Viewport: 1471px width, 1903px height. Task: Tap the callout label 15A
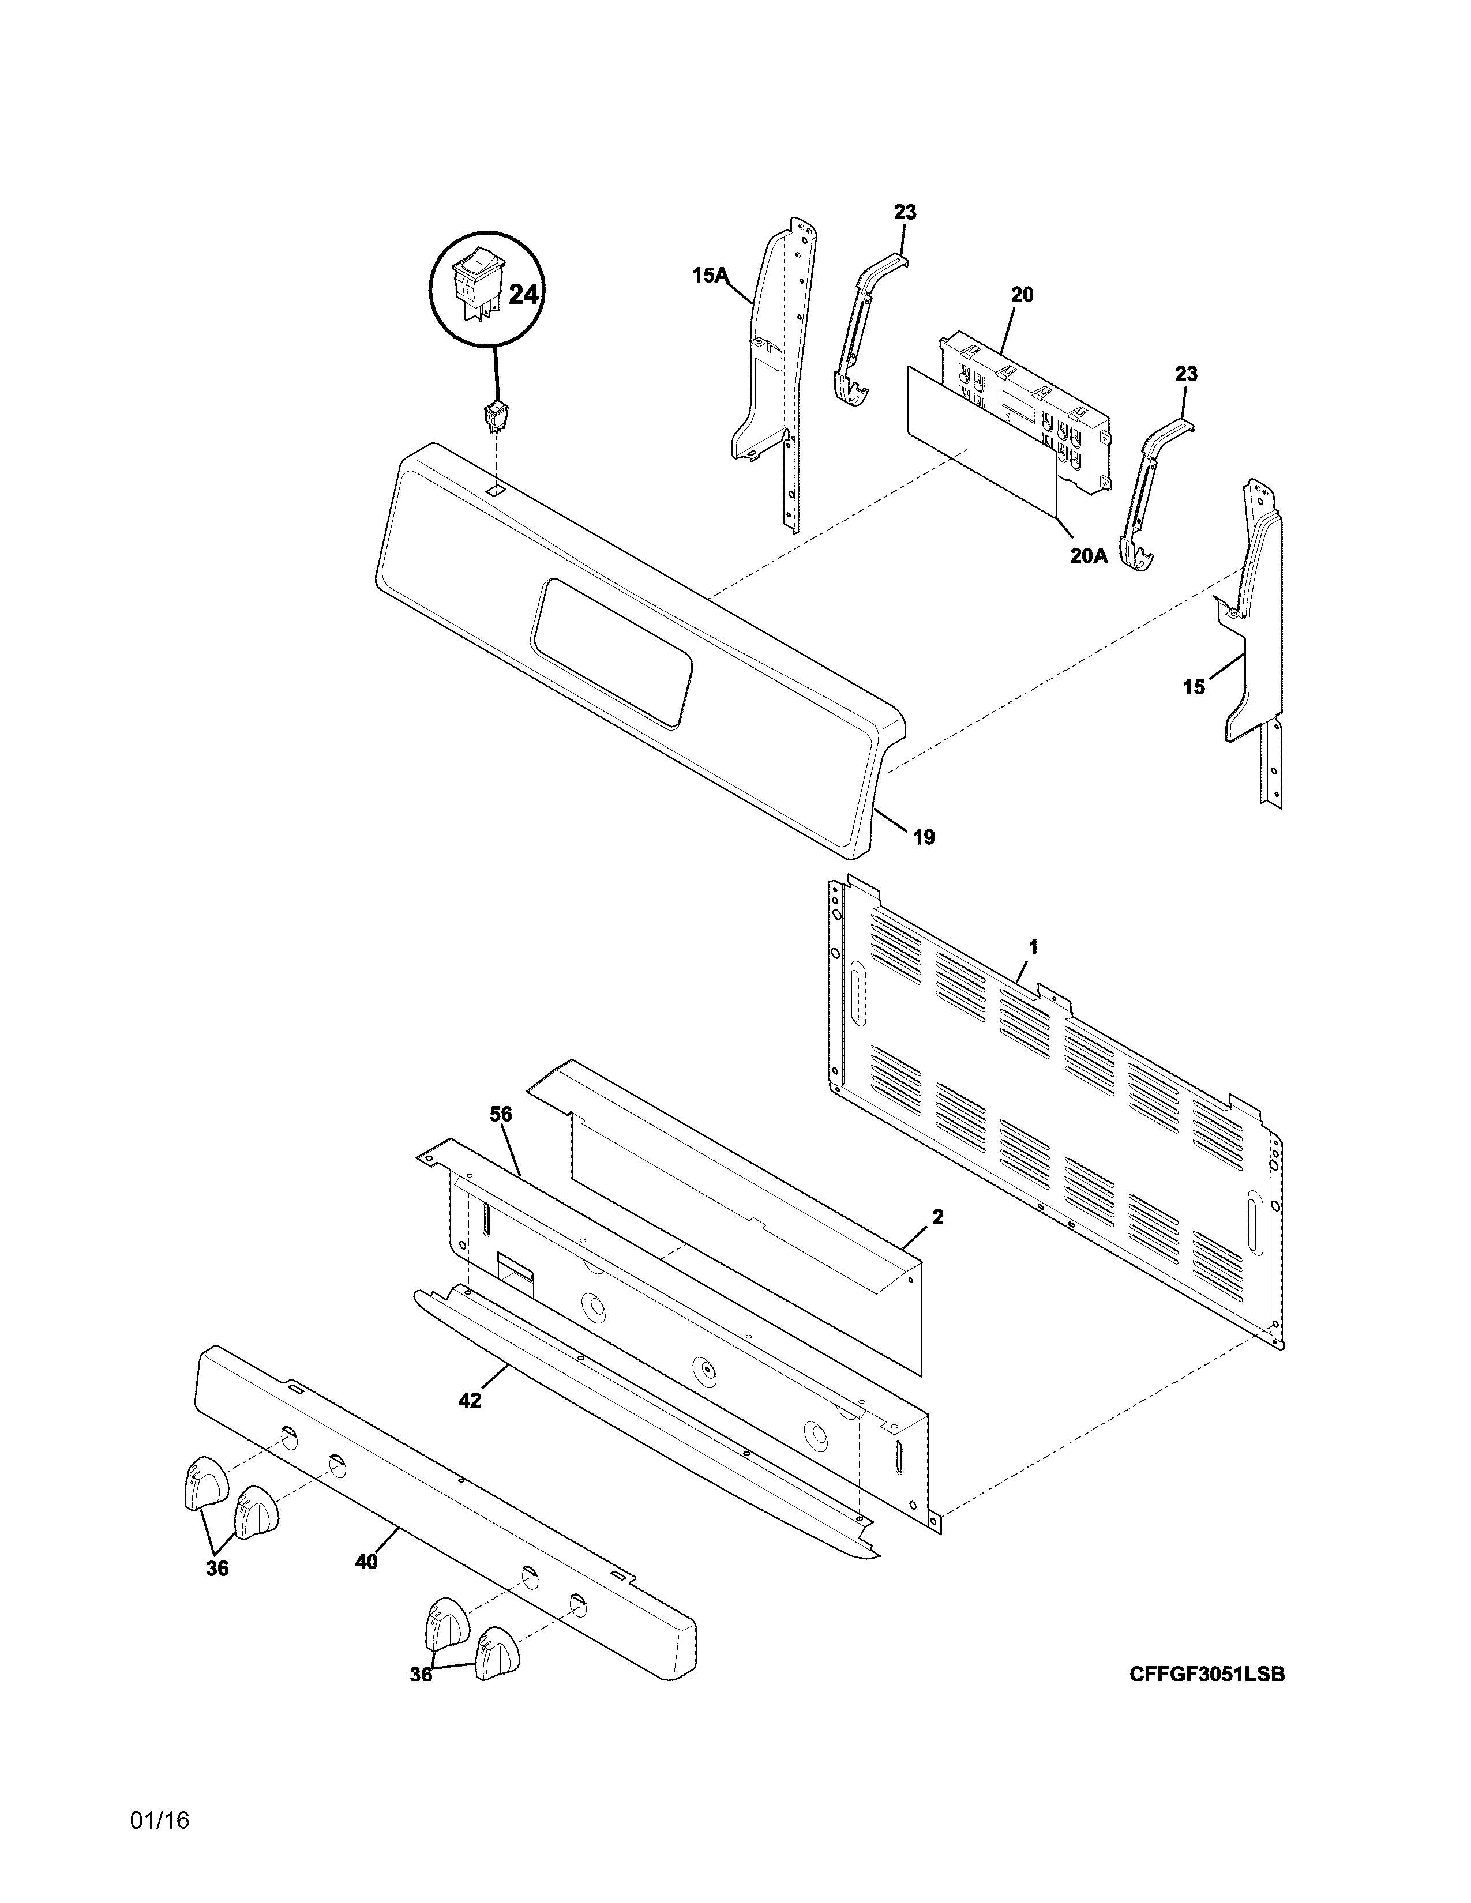[x=710, y=276]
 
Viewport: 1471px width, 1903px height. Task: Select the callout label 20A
[x=1089, y=555]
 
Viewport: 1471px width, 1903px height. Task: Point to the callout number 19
[x=924, y=837]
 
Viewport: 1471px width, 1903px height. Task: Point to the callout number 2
[x=937, y=1217]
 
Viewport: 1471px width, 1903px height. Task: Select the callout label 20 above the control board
[x=1022, y=295]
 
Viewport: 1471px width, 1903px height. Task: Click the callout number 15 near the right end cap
[x=1194, y=687]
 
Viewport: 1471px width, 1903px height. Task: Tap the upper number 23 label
[x=905, y=212]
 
